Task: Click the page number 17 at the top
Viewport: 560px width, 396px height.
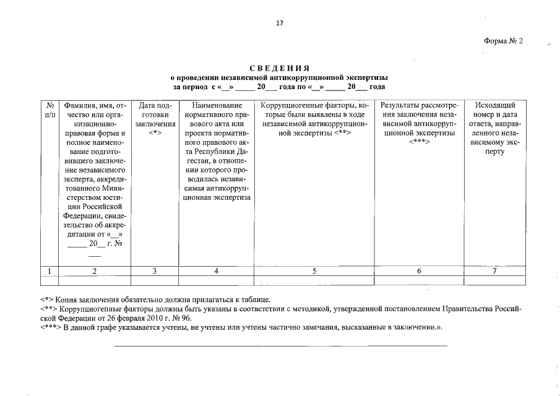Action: (x=280, y=23)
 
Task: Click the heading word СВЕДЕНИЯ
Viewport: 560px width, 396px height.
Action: (x=279, y=68)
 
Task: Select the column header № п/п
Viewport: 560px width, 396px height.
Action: (x=50, y=110)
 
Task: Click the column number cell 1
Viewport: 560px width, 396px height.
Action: (x=49, y=270)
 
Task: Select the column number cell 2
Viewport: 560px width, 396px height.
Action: (x=94, y=270)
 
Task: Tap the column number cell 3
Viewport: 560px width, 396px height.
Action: (x=155, y=270)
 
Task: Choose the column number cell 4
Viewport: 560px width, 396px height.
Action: (x=216, y=270)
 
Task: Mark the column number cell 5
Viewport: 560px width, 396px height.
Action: (x=314, y=270)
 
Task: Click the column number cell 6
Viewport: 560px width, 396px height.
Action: (x=419, y=270)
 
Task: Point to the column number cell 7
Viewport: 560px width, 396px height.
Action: (x=494, y=270)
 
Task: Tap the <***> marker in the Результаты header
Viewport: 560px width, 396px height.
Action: (x=419, y=142)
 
